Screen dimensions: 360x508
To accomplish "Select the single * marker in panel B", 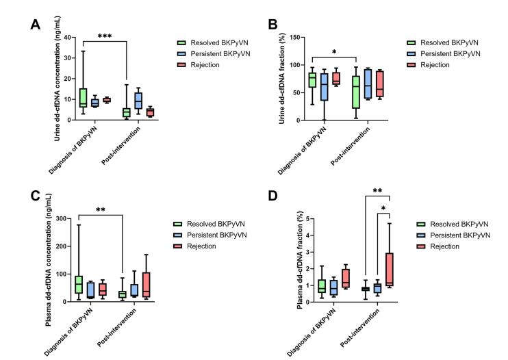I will coord(333,52).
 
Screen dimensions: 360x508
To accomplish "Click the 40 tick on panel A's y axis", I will coord(69,37).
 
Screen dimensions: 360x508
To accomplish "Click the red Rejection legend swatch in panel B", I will coord(412,65).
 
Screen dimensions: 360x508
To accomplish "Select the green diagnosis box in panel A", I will coord(83,98).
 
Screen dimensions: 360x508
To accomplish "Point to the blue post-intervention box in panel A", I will coord(138,100).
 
